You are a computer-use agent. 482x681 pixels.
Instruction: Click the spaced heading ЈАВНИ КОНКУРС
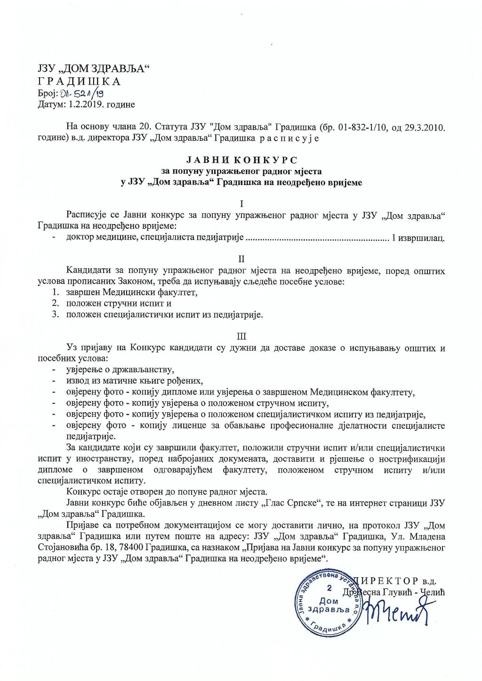(241, 160)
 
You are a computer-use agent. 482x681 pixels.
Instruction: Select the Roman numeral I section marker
(241, 204)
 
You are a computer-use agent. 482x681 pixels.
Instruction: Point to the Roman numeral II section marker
(241, 259)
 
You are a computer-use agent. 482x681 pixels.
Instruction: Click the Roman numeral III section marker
(241, 336)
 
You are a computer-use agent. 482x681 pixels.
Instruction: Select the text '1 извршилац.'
(418, 238)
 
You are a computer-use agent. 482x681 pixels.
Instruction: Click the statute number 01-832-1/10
(357, 127)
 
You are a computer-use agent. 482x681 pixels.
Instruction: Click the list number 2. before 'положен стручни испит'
(56, 304)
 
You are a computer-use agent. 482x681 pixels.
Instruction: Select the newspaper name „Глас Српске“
(291, 503)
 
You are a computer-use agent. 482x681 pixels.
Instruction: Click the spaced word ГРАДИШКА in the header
(79, 81)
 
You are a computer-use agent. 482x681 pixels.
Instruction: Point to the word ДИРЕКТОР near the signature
(388, 581)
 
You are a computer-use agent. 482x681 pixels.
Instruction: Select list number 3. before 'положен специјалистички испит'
(56, 315)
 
